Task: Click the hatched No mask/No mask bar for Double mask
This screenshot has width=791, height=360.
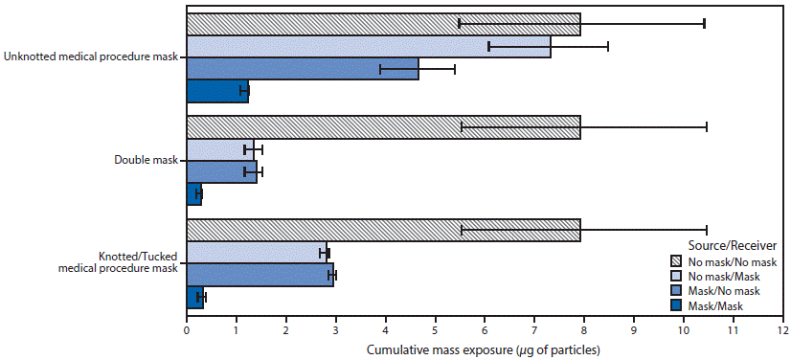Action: [x=383, y=127]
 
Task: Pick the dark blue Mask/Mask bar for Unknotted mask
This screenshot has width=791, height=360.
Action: [x=217, y=91]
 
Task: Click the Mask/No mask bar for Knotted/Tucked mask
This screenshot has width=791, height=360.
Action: [x=260, y=276]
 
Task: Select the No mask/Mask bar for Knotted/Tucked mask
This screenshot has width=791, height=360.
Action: [x=257, y=253]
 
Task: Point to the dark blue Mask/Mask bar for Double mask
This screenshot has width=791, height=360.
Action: [x=193, y=194]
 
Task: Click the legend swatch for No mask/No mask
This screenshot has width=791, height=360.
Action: [x=679, y=260]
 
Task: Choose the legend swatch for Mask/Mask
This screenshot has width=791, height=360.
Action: [x=679, y=305]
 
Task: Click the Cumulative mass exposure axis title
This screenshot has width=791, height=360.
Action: [x=484, y=349]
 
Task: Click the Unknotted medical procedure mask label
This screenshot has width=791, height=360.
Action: [x=91, y=57]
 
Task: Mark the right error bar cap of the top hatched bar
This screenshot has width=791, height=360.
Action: [x=704, y=23]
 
